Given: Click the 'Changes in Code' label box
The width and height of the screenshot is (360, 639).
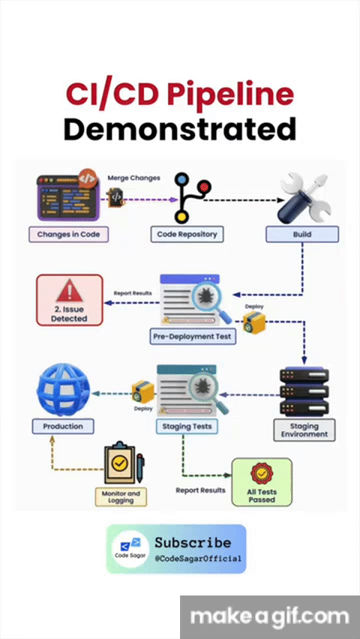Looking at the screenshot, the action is click(68, 234).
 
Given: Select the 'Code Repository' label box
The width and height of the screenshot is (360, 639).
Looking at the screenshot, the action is click(187, 234).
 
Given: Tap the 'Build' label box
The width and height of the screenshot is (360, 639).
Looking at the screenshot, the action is click(302, 234).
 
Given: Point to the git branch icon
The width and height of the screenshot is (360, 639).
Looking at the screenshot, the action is click(191, 197).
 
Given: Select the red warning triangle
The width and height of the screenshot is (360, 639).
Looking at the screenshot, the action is click(69, 289).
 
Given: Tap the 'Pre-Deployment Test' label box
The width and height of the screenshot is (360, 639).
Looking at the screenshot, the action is click(193, 337).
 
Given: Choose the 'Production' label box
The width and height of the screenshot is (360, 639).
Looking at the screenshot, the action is click(63, 426).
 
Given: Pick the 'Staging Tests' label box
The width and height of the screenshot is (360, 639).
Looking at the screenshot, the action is click(187, 426).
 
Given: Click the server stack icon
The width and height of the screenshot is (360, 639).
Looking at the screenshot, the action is click(304, 391).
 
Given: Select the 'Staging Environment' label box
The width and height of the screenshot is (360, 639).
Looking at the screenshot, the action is click(304, 430).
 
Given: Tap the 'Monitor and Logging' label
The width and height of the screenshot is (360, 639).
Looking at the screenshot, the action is click(121, 496).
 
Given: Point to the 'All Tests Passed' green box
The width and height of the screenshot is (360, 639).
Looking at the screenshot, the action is click(262, 482).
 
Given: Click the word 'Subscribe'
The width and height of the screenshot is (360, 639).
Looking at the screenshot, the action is click(193, 542).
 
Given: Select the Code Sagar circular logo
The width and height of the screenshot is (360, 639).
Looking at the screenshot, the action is click(130, 548).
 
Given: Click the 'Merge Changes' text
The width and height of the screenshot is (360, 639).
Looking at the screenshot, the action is click(133, 178).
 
